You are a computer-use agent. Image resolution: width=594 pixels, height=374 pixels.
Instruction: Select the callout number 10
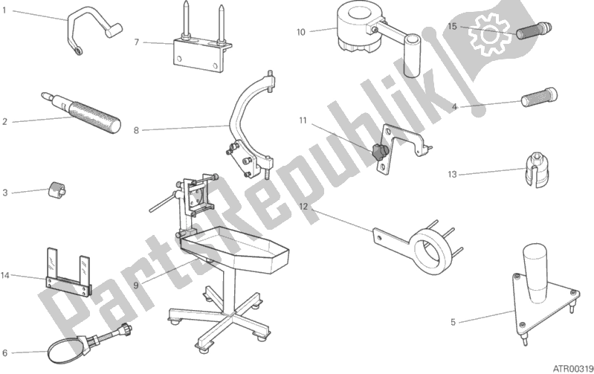(300, 31)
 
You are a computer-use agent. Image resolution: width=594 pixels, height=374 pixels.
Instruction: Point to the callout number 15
(451, 26)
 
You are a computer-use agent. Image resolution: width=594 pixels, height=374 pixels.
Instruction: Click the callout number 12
(303, 206)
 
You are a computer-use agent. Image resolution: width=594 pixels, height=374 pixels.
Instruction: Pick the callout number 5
(453, 322)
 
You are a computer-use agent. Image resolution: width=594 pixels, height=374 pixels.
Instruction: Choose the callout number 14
(5, 276)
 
